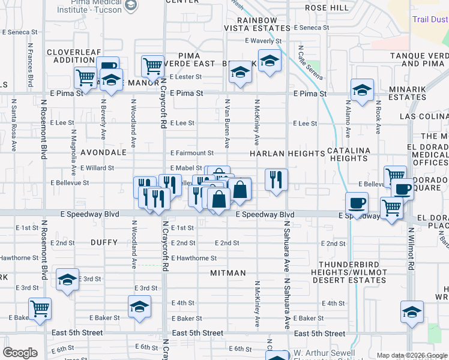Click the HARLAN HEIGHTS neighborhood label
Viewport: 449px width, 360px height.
point(287,154)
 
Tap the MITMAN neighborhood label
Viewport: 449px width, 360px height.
point(228,273)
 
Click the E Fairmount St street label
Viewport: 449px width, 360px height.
point(192,154)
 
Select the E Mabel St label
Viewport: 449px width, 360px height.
point(186,168)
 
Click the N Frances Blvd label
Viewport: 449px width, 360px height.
point(29,65)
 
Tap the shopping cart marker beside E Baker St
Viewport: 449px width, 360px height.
point(40,308)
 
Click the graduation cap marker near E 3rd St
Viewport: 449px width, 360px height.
point(67,279)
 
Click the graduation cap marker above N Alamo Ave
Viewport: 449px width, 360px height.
point(362,90)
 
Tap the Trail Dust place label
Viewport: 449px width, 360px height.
point(430,20)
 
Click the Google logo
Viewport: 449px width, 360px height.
point(20,353)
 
